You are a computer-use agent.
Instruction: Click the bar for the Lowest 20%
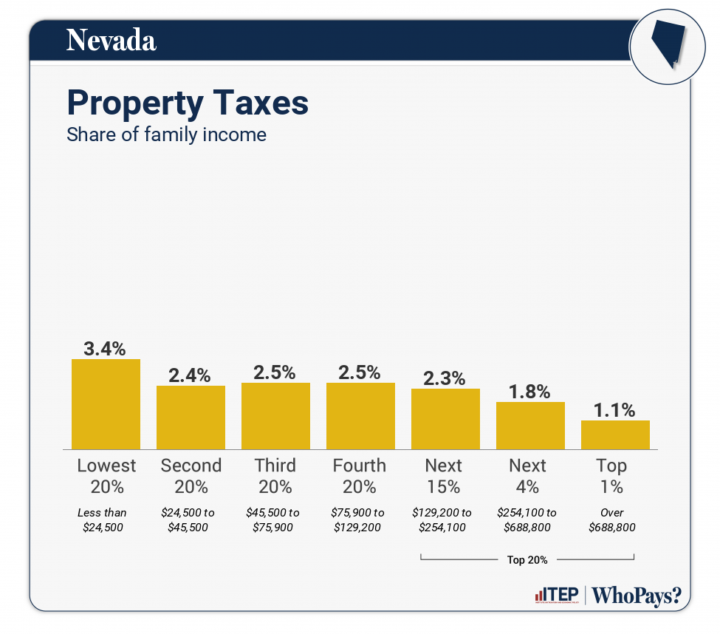[x=106, y=404]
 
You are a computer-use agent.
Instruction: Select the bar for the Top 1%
[x=615, y=434]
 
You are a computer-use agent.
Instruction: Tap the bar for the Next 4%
[x=530, y=426]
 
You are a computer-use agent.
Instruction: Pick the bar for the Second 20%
[x=191, y=417]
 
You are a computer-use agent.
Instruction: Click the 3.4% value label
[x=106, y=348]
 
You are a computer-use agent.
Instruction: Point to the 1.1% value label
[x=615, y=410]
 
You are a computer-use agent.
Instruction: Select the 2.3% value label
[x=445, y=378]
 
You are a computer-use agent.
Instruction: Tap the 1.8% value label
[x=530, y=392]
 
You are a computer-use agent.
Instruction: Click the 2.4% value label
[x=191, y=375]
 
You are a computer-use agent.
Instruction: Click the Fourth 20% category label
[x=360, y=476]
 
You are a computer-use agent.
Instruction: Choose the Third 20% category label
[x=275, y=476]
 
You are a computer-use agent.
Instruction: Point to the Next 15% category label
[x=444, y=476]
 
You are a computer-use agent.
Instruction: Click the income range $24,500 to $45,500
[x=191, y=519]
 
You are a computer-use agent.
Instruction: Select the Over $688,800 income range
[x=612, y=519]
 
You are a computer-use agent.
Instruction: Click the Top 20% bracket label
[x=527, y=559]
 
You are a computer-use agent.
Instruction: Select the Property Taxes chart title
[x=188, y=103]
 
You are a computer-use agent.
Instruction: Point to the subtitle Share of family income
[x=166, y=134]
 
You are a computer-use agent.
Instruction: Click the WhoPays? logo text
[x=637, y=596]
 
